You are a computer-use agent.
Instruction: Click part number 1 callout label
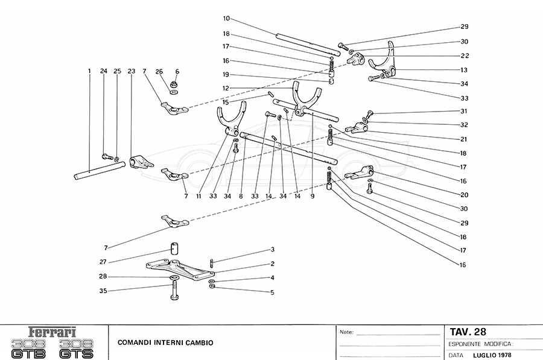click(89, 71)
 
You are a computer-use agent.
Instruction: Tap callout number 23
click(131, 71)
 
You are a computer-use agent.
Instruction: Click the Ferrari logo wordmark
click(53, 332)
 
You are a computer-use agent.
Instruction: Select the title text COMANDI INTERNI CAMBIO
click(161, 343)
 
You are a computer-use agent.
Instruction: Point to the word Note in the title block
click(346, 332)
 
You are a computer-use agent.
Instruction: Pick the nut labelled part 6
click(174, 84)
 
